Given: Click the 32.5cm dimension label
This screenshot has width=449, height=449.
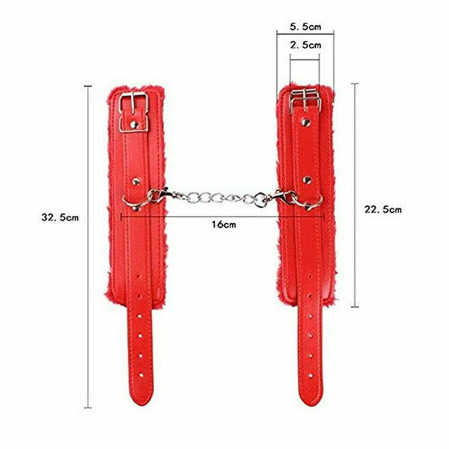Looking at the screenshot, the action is (60, 217).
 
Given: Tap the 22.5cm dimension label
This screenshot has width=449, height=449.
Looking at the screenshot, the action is (383, 209).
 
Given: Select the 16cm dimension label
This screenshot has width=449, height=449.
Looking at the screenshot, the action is (224, 224).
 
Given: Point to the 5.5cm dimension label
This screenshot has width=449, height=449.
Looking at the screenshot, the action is (305, 27).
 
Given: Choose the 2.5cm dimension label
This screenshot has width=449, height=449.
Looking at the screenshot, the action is (305, 45).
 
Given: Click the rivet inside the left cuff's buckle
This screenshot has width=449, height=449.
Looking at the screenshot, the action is (134, 125).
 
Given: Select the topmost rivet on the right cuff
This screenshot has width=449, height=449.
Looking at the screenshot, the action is (305, 122).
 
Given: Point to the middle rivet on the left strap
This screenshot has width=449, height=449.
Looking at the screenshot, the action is (136, 181).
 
